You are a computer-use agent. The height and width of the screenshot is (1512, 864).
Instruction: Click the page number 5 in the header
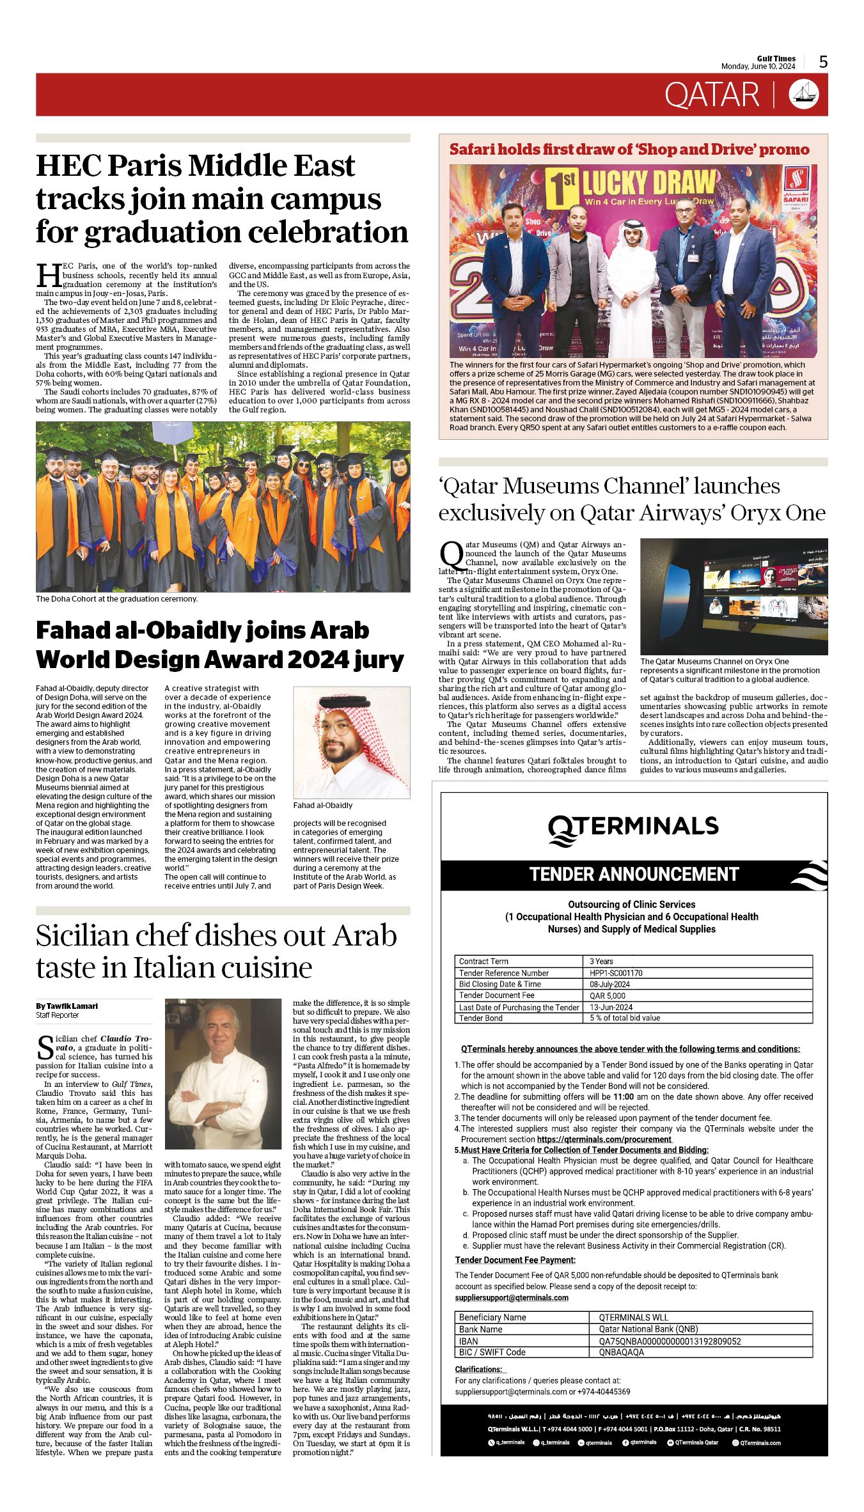coord(823,62)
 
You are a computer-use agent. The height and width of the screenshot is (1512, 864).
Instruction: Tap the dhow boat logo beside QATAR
coord(804,95)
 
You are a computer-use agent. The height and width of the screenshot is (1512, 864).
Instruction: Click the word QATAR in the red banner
coord(711,95)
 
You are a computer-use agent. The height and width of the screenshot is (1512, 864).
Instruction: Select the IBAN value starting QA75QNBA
coord(669,1341)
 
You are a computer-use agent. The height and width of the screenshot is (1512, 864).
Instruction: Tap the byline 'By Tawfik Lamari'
coord(67,1006)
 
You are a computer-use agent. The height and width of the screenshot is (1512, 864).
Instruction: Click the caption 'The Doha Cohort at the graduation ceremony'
coord(116,599)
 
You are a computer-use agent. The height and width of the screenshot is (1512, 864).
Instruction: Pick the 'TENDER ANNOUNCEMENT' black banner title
coord(634,875)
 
